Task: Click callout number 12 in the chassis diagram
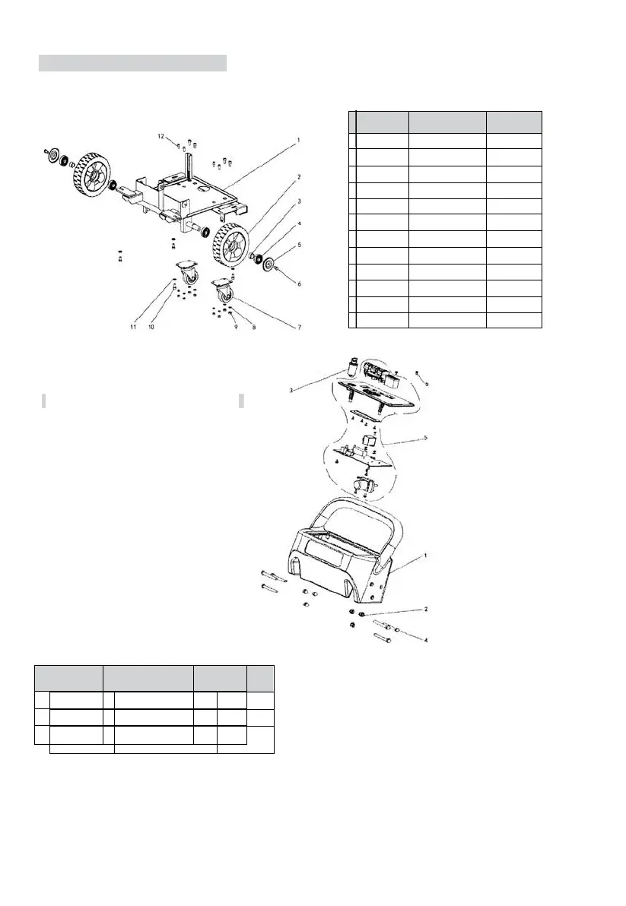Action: click(161, 136)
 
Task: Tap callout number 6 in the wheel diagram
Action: click(300, 284)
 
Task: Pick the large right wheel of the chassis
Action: click(228, 245)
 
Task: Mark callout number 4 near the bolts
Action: click(426, 641)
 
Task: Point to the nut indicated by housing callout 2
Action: click(363, 614)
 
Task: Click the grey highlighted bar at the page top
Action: click(133, 62)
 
